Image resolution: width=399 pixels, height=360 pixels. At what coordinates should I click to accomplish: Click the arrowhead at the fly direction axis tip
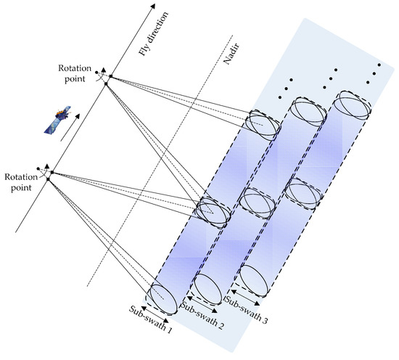tap(153, 8)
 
